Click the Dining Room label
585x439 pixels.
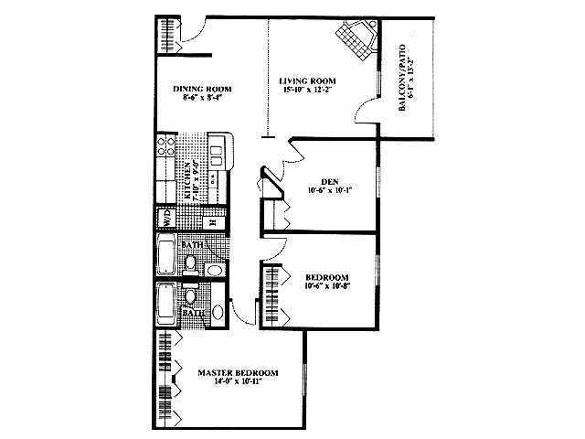(x=202, y=90)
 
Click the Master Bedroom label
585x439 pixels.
(x=238, y=373)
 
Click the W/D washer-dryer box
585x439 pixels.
(x=168, y=219)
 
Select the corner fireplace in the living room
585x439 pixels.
(x=354, y=39)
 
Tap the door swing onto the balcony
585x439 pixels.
(x=366, y=114)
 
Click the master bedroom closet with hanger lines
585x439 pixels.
(x=166, y=377)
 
